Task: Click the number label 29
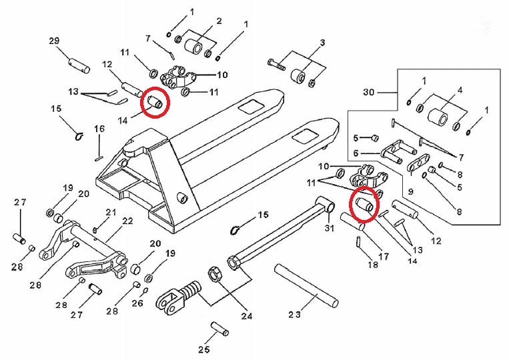(54, 41)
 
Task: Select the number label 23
(295, 313)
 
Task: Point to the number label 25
(204, 349)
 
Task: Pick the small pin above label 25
(219, 329)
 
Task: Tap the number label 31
(328, 229)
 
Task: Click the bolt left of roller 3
(276, 65)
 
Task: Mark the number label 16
(99, 129)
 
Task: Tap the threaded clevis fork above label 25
(179, 297)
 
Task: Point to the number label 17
(383, 256)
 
